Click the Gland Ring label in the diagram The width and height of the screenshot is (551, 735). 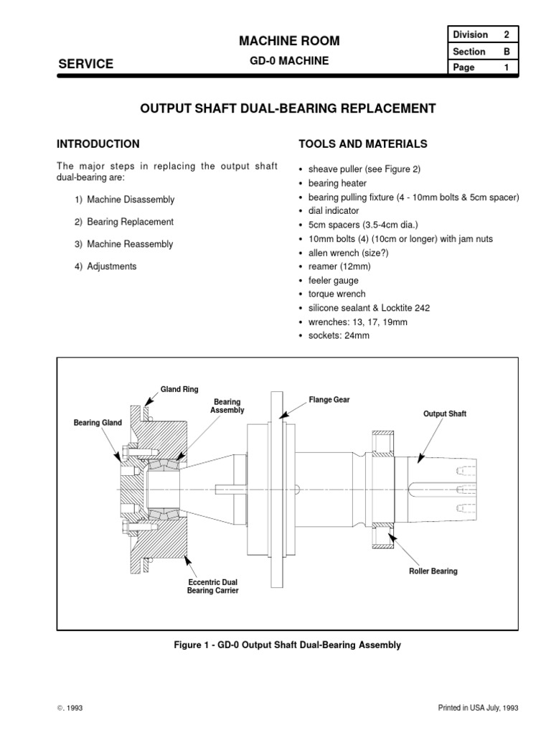[179, 390]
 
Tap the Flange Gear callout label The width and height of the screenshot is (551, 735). [329, 400]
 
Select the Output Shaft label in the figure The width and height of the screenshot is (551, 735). [445, 414]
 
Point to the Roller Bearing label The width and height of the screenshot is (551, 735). [433, 571]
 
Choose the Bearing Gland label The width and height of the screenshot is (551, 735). [98, 423]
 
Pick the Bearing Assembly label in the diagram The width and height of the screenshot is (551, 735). [227, 406]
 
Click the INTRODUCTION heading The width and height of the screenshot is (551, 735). [98, 144]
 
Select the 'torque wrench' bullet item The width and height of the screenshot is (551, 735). [336, 294]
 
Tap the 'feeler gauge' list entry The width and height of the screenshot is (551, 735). [334, 281]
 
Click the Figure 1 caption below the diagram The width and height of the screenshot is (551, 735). [288, 645]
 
